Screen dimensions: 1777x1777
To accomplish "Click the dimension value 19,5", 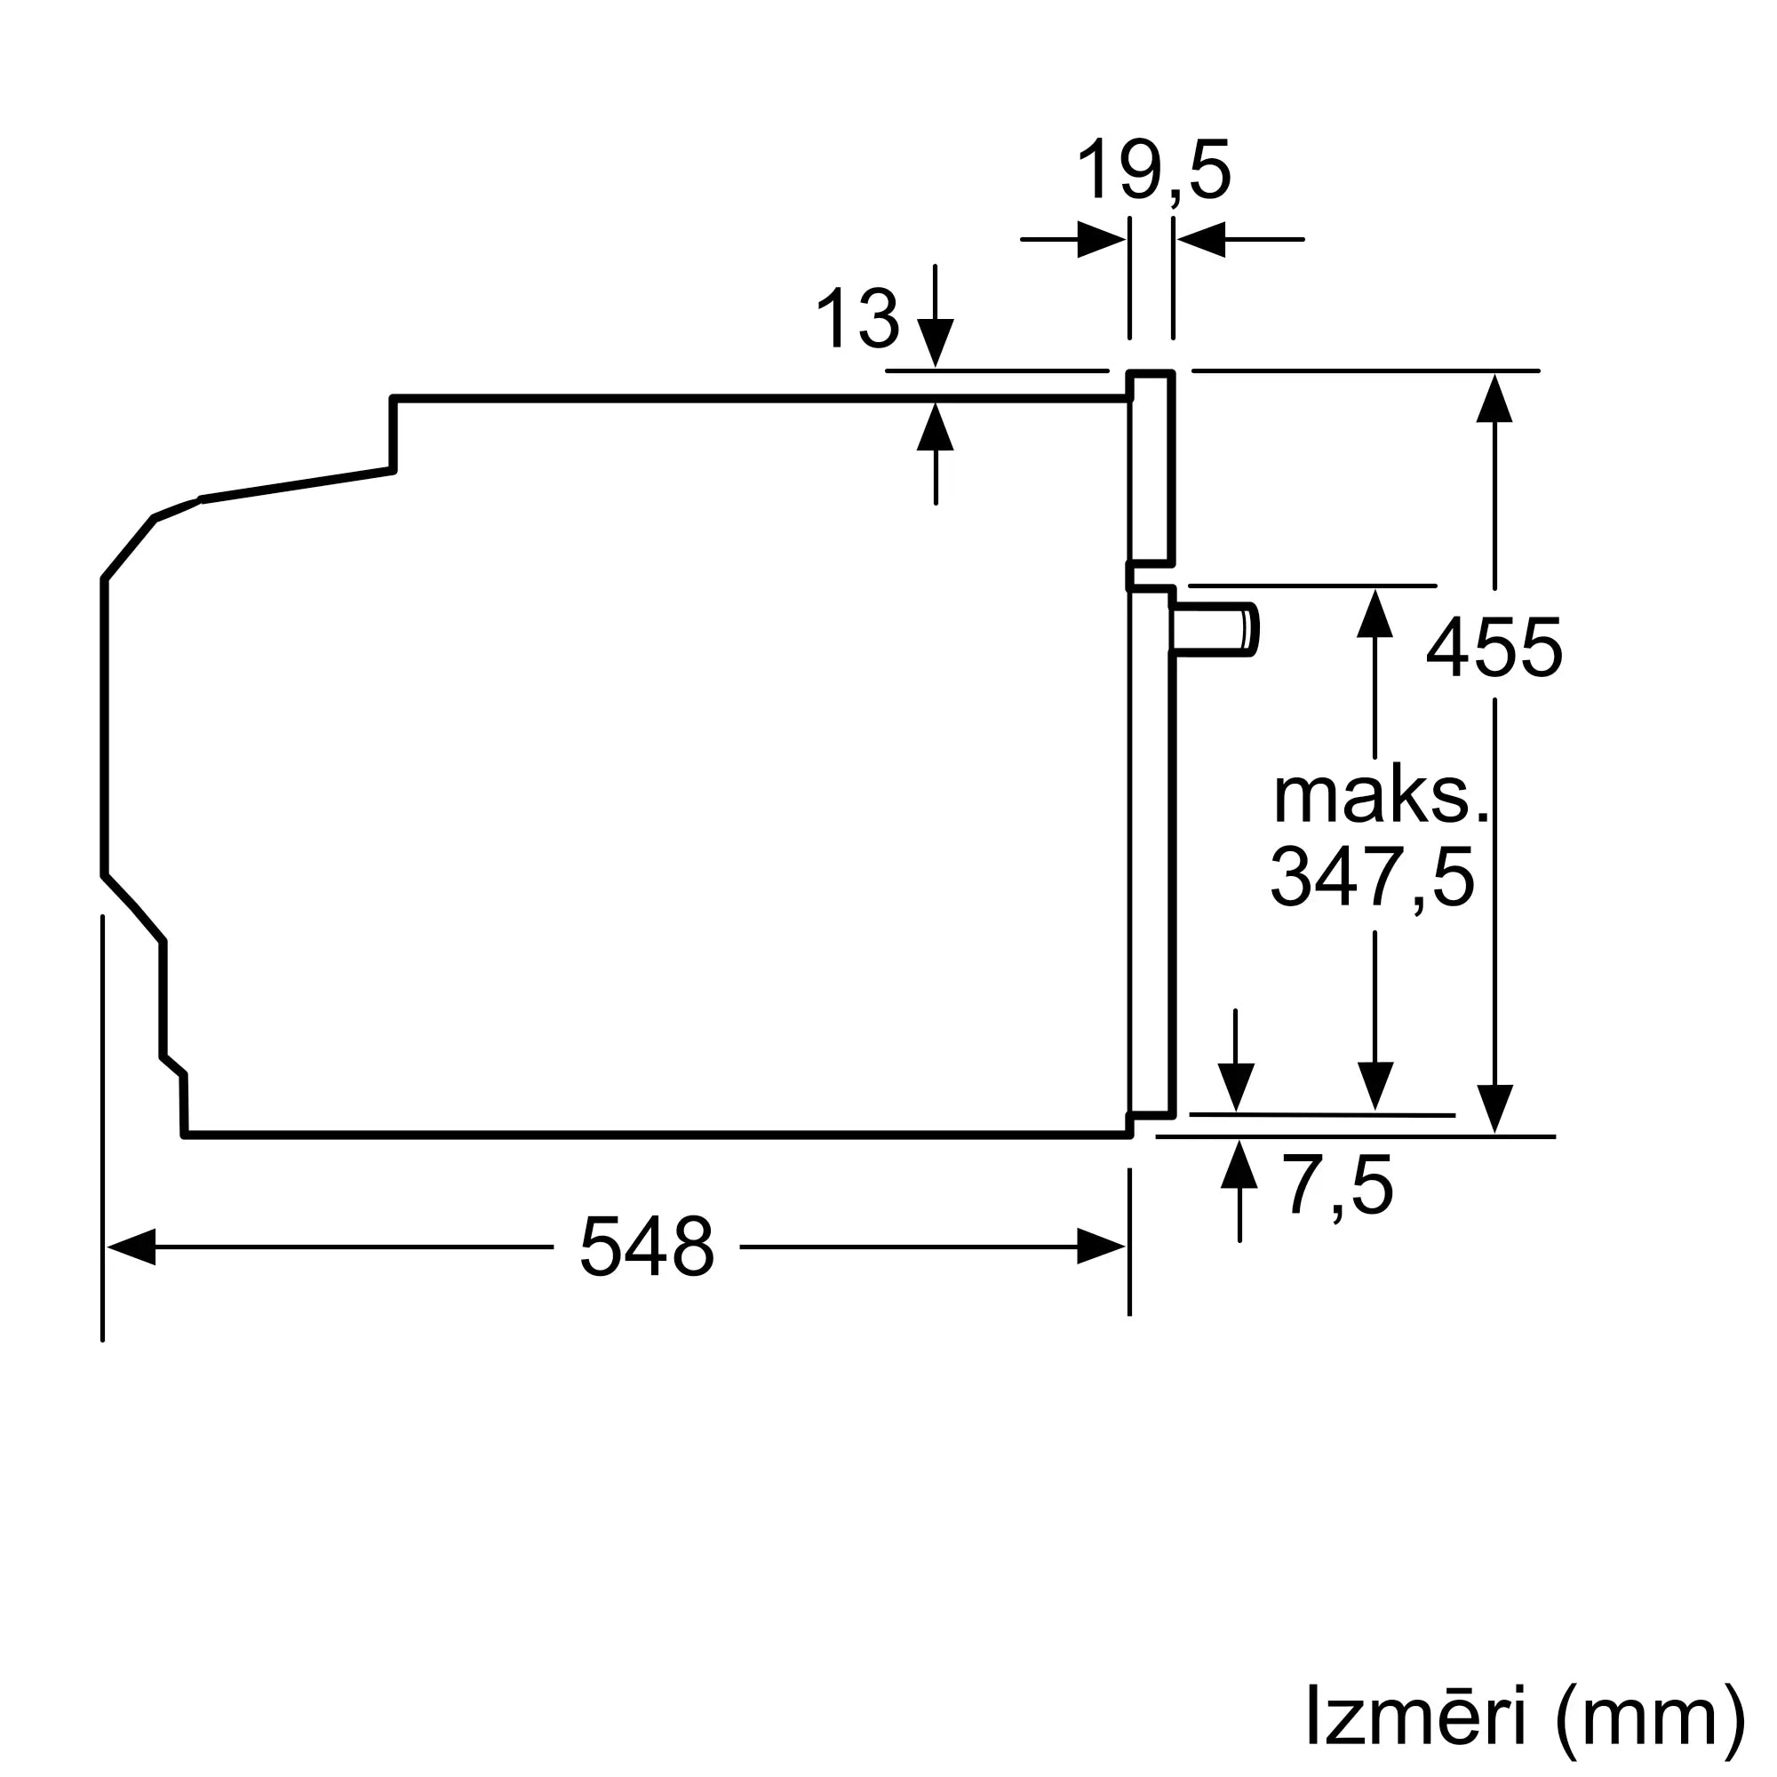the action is click(x=1152, y=171).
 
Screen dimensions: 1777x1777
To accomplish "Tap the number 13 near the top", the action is click(x=857, y=318).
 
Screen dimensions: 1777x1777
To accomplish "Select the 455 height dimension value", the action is click(x=1494, y=648).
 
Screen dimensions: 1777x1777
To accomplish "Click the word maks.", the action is click(x=1380, y=795).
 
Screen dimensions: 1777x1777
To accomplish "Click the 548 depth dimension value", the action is click(x=647, y=1247).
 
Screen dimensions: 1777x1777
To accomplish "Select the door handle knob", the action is click(x=1215, y=630).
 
